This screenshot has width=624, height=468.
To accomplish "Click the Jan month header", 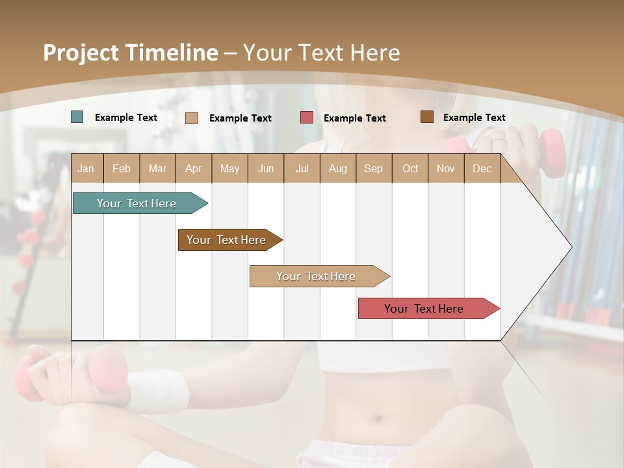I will (x=86, y=169).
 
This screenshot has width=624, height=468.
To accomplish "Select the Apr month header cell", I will (x=194, y=169).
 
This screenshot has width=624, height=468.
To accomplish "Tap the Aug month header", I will (x=338, y=169).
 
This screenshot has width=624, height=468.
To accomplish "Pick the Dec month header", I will (x=482, y=169).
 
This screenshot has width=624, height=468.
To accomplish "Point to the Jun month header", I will (x=266, y=169).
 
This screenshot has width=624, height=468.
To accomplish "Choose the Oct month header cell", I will (x=410, y=169).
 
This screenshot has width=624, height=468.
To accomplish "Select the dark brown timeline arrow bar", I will (x=227, y=240).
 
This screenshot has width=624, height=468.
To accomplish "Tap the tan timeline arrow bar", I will (x=317, y=276).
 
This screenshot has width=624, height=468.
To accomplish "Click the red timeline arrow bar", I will (x=426, y=309).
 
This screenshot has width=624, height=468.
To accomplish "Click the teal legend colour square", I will (x=77, y=117).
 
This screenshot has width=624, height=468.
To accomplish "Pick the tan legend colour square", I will (x=192, y=118).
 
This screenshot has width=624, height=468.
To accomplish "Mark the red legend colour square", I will (x=307, y=118).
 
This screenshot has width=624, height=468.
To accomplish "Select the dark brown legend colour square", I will (x=427, y=117).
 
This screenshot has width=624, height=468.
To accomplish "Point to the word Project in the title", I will (x=78, y=53).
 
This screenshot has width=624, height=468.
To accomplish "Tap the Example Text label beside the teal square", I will (x=126, y=118).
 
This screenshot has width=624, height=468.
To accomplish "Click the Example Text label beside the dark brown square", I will (x=474, y=118).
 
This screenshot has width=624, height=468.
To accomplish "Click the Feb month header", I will (x=122, y=169).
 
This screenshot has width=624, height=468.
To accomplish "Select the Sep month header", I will (x=374, y=169).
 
